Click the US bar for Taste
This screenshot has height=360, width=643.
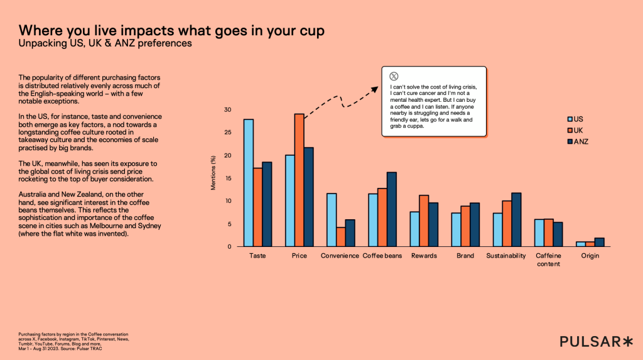point(249,183)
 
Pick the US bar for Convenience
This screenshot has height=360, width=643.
point(331,220)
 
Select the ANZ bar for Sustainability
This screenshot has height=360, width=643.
point(516,220)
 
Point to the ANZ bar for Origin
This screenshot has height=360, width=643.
point(600,243)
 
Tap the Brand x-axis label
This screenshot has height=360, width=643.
point(465,256)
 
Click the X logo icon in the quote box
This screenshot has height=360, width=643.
point(394,76)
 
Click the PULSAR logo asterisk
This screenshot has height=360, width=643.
point(627,341)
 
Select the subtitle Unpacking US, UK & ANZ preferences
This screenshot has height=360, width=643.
point(105,44)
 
